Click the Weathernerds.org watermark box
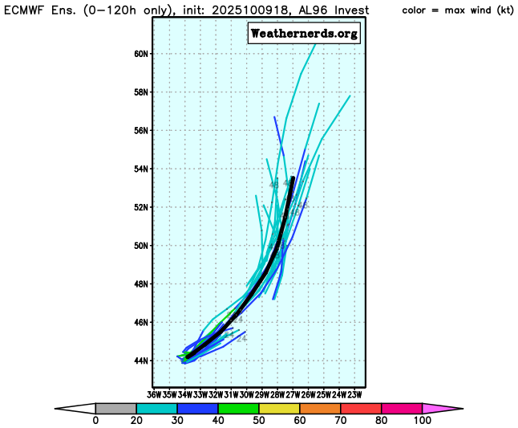tap(304, 34)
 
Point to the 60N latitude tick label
tap(141, 54)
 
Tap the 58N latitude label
tap(141, 92)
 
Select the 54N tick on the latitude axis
tap(141, 169)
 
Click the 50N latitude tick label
tap(141, 246)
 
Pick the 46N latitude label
tap(141, 323)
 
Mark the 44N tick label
tap(141, 361)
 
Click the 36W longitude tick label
tap(155, 394)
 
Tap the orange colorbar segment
tap(319, 408)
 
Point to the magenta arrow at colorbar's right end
tap(442, 408)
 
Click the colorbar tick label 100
tap(422, 421)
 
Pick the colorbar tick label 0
tap(95, 421)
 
